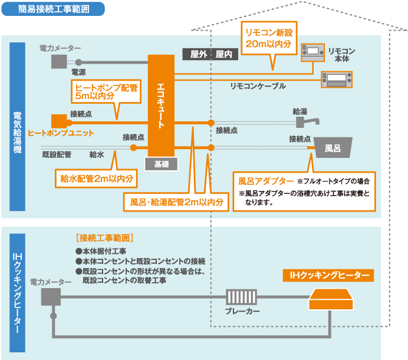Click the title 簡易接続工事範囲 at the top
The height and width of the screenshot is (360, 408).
pyautogui.click(x=54, y=9)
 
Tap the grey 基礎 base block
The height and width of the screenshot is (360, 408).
pyautogui.click(x=162, y=164)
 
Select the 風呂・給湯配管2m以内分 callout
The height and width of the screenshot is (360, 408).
pyautogui.click(x=177, y=202)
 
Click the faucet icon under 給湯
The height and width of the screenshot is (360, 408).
pyautogui.click(x=307, y=121)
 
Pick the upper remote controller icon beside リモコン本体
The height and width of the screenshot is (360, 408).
pyautogui.click(x=312, y=52)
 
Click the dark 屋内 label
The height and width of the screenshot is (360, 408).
pyautogui.click(x=224, y=54)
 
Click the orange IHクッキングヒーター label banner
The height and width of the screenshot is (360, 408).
pyautogui.click(x=328, y=275)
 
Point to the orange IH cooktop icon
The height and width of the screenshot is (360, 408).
pyautogui.click(x=332, y=299)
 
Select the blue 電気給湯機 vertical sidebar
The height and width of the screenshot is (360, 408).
pyautogui.click(x=17, y=133)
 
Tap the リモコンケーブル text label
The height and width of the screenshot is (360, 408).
pyautogui.click(x=258, y=86)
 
